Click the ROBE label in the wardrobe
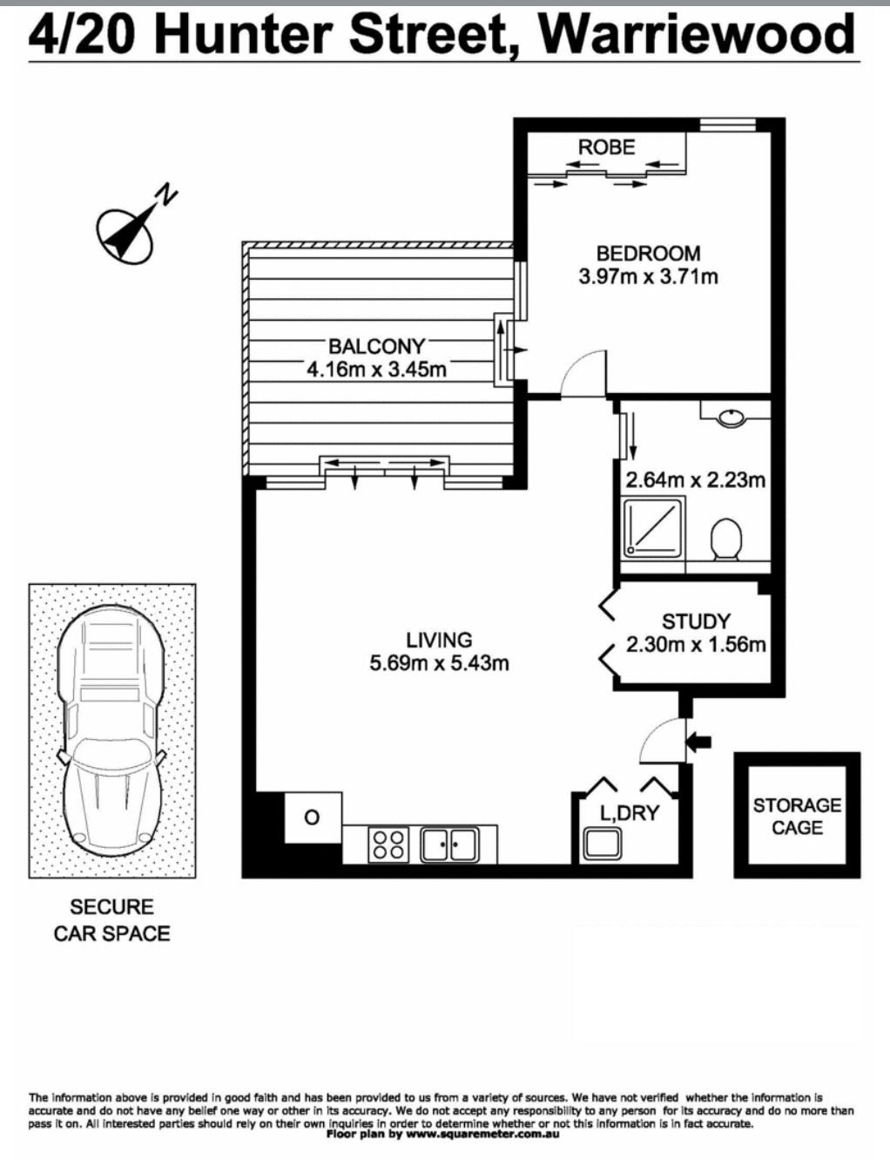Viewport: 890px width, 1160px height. click(607, 146)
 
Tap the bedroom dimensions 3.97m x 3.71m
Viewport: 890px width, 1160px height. click(648, 276)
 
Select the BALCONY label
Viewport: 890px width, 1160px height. click(376, 347)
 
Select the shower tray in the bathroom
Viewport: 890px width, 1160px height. click(655, 527)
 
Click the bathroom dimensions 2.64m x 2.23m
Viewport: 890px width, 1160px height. click(695, 480)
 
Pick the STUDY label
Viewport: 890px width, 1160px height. click(695, 621)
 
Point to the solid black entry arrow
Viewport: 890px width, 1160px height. click(699, 742)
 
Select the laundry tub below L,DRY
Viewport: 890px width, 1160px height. click(602, 843)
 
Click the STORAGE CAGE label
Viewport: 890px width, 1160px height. click(797, 817)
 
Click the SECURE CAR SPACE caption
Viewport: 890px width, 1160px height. click(112, 919)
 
